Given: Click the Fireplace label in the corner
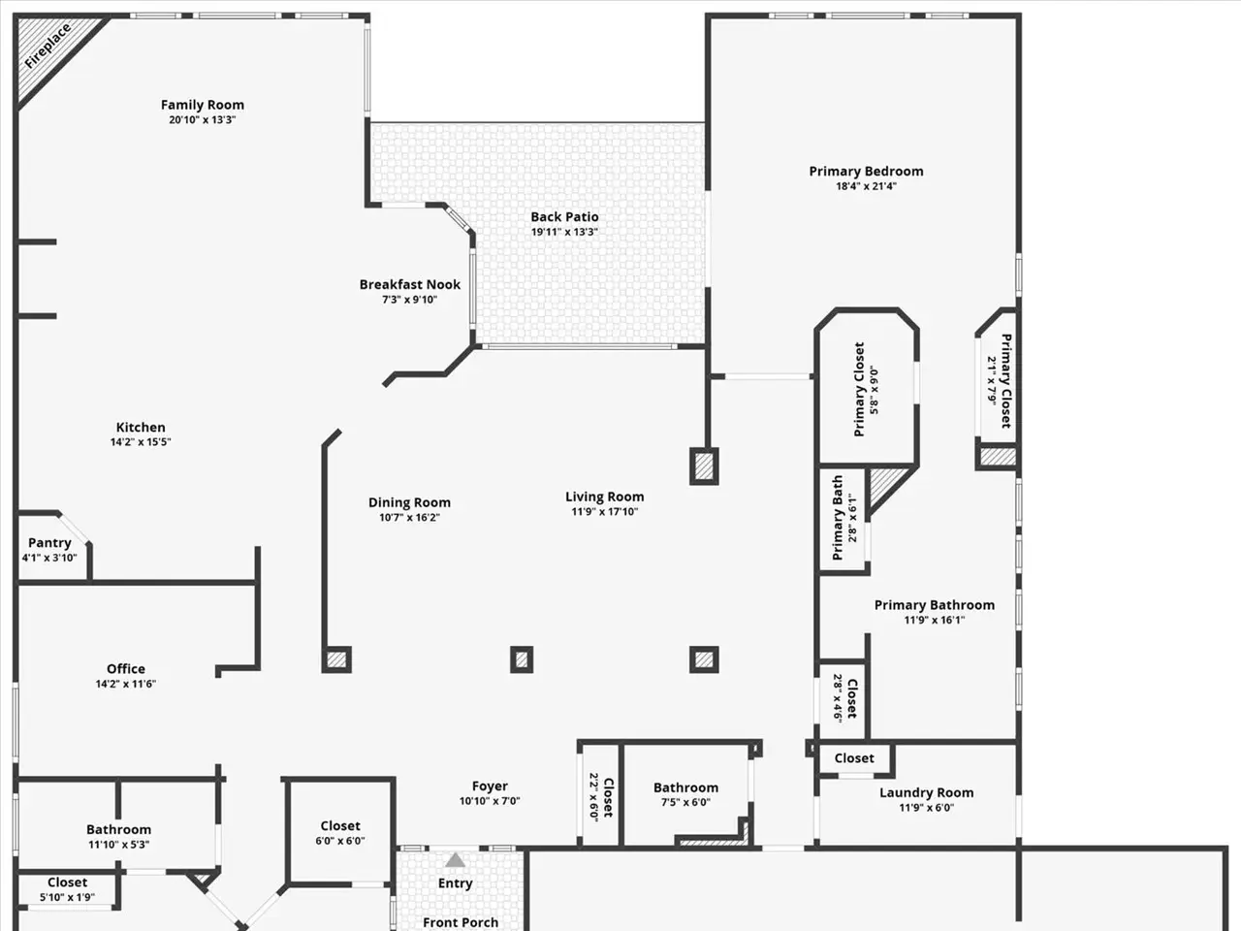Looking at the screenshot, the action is (x=48, y=46).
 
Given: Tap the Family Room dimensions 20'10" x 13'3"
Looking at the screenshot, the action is (x=203, y=120).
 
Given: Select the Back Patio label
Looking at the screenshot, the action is (x=564, y=216).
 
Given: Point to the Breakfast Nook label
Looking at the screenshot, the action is (x=410, y=284).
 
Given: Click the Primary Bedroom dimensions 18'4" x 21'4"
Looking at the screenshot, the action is (x=866, y=186).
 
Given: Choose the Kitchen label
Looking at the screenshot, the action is (x=141, y=428).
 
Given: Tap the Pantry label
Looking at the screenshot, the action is (x=49, y=543).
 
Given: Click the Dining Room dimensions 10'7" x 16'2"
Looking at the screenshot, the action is (x=409, y=517).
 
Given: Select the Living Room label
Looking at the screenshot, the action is (x=604, y=497).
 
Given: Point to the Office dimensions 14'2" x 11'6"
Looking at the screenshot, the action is (x=125, y=684).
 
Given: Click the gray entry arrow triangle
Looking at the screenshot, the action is (x=455, y=860).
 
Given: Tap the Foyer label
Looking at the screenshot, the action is (x=490, y=787).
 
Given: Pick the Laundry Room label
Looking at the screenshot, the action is (x=927, y=793).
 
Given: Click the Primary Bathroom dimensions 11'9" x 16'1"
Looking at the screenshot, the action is (x=935, y=620).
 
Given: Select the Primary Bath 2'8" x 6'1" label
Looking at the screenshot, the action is (x=844, y=518).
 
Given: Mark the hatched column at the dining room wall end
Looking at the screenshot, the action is (x=336, y=659).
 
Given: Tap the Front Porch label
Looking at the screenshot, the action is (x=461, y=923).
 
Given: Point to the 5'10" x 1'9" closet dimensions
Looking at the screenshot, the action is (x=67, y=897).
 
